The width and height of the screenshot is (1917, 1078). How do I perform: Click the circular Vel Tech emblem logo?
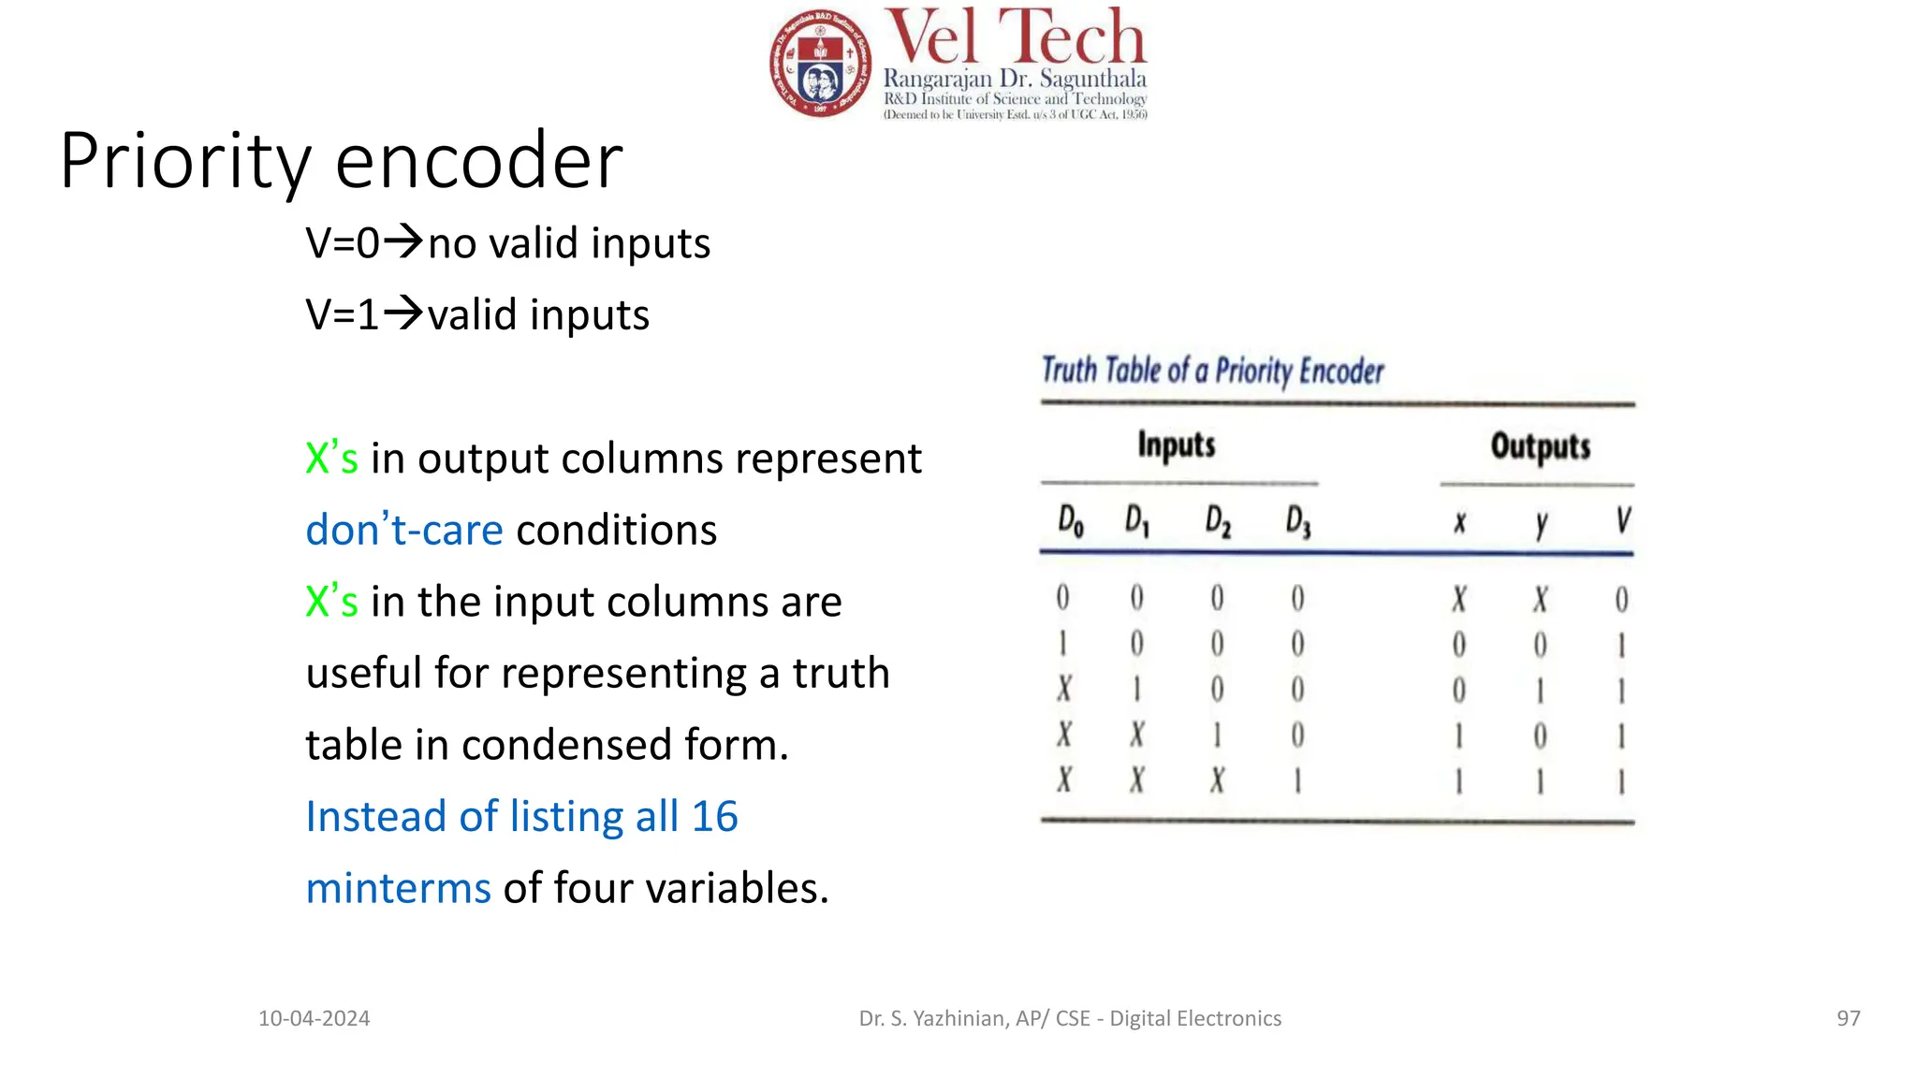coord(820,64)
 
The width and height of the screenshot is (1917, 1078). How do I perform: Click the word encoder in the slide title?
coord(478,161)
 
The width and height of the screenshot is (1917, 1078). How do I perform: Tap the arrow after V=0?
coord(404,241)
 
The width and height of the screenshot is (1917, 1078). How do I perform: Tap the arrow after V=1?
coord(404,313)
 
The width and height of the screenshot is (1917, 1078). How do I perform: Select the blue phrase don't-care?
coord(404,530)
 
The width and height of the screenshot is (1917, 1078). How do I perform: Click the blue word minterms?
coord(398,888)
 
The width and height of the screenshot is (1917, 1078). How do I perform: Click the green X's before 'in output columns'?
coord(331,459)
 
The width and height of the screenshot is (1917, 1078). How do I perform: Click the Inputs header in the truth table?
coord(1177,445)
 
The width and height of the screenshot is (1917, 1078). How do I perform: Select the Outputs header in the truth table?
coord(1540,447)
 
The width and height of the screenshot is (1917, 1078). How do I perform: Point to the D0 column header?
coord(1070,521)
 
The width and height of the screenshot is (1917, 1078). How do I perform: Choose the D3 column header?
coord(1298,521)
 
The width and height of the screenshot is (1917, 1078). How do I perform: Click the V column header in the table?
coord(1623,520)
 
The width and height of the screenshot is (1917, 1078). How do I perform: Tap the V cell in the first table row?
coord(1622,599)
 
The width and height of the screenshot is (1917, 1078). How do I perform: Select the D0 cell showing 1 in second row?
coord(1063,644)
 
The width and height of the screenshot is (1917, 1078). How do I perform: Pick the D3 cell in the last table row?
coord(1298,780)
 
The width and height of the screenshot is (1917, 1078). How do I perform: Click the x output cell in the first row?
coord(1459,599)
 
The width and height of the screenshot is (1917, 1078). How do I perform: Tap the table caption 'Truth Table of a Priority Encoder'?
coord(1212,371)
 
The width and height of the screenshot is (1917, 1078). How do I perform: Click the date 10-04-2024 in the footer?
coord(315,1018)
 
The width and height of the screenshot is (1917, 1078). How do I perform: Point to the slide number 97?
coord(1848,1018)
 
